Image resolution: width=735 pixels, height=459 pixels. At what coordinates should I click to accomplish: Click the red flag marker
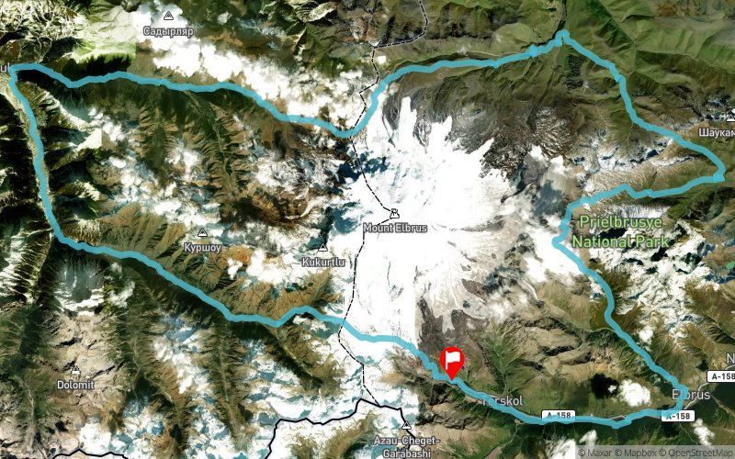pos(452,362)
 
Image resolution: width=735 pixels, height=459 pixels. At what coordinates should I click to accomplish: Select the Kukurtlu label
pos(322,261)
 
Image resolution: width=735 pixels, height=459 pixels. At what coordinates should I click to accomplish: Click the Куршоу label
pos(203,246)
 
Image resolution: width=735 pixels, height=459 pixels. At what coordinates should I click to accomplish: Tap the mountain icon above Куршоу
pos(203,233)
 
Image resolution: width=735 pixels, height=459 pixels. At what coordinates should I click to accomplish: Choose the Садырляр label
pos(167,30)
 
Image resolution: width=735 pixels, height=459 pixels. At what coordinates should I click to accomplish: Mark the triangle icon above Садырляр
pos(167,17)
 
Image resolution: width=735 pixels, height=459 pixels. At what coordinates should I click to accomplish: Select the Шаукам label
pos(718,132)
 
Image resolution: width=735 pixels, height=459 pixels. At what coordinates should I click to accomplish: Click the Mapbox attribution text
pos(639,452)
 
